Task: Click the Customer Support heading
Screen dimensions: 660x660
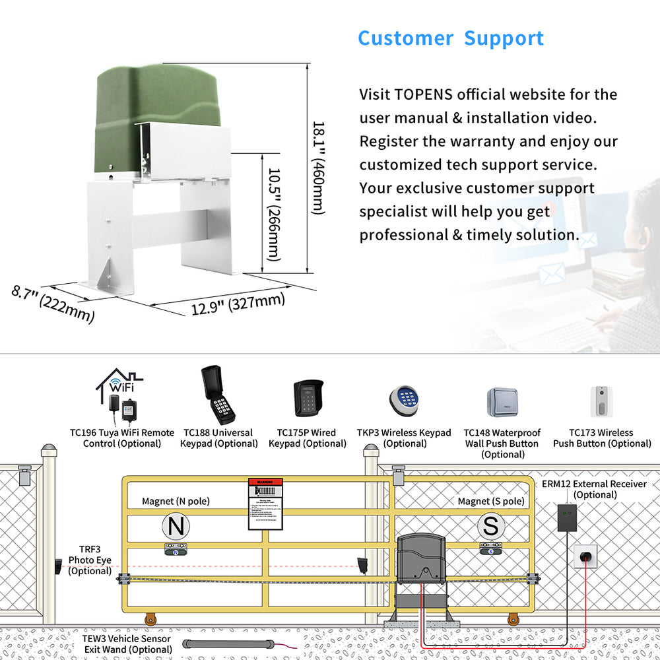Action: click(451, 38)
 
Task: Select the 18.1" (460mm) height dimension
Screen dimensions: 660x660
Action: click(318, 168)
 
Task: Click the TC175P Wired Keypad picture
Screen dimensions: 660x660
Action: click(308, 399)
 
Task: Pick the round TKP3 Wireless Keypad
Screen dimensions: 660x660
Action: click(404, 399)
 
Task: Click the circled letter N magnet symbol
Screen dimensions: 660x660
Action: click(176, 527)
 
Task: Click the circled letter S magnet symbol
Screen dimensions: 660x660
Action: click(491, 527)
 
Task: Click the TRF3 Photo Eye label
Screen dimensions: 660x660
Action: click(90, 560)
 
